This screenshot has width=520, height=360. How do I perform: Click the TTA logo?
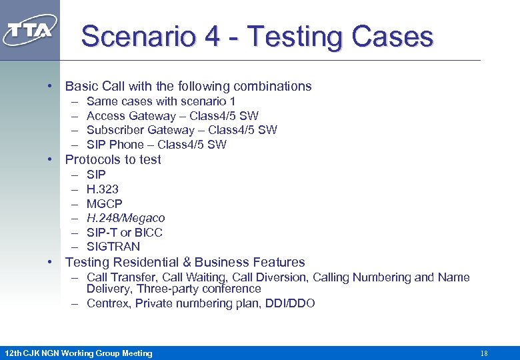click(30, 31)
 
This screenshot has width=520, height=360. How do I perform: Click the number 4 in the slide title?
click(213, 37)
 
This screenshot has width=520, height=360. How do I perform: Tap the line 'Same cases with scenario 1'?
click(161, 101)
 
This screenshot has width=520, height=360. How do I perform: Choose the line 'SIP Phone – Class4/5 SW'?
click(156, 145)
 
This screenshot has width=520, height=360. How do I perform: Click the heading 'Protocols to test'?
click(113, 159)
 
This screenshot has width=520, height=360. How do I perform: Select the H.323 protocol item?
click(103, 189)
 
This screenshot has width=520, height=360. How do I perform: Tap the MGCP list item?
click(105, 203)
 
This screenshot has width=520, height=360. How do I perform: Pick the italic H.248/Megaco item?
click(125, 218)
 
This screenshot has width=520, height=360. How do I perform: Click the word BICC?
click(149, 233)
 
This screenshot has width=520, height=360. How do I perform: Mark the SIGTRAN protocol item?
click(113, 247)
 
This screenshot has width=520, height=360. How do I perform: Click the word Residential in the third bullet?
click(143, 262)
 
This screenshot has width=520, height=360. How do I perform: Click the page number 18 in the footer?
click(484, 353)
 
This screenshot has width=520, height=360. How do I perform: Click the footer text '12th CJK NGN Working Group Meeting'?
click(78, 353)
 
